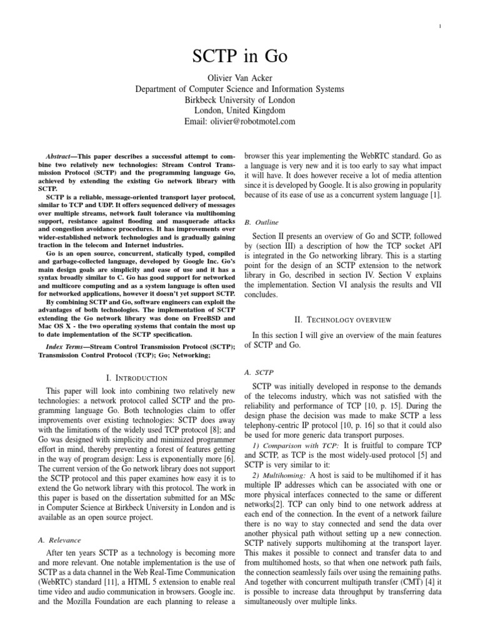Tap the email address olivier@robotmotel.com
coord(240,121)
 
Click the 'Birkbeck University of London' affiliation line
coord(240,100)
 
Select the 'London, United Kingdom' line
coord(240,111)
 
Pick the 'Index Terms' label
coord(67,347)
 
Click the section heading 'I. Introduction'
coord(137,377)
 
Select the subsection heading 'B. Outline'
coord(261,222)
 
